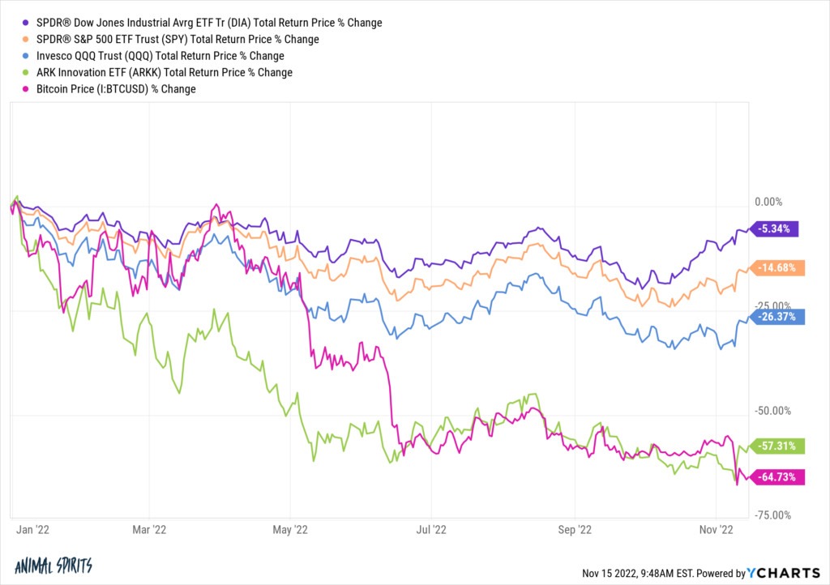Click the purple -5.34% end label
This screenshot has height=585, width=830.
click(x=777, y=228)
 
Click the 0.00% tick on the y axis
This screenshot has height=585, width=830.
click(x=771, y=202)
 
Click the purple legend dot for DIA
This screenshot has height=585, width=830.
click(x=28, y=23)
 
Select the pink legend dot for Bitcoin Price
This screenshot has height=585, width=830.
click(x=28, y=89)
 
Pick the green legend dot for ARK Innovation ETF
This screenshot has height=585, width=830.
click(x=28, y=72)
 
